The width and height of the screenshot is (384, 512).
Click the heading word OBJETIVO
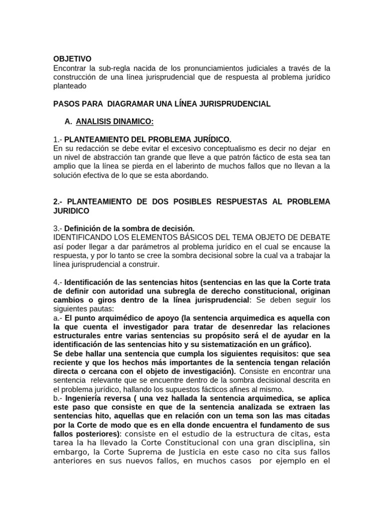point(72,59)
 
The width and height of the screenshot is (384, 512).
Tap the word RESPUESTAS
point(248,201)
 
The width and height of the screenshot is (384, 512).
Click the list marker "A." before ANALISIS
point(68,122)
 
